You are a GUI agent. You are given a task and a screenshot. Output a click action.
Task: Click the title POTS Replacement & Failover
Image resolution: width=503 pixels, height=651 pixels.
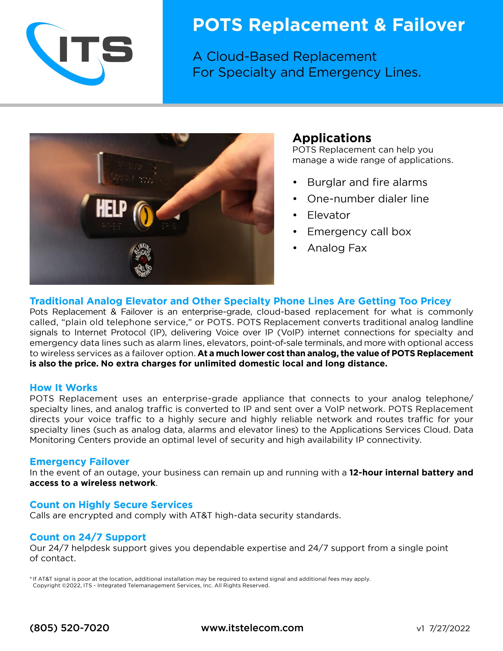pos(328,25)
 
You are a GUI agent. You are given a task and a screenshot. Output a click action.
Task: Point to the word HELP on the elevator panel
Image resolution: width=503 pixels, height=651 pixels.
pos(111,208)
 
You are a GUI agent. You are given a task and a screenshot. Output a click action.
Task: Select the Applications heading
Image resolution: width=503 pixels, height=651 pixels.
pos(332,138)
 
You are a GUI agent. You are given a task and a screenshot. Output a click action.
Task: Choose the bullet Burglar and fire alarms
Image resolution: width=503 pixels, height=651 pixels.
pos(367,182)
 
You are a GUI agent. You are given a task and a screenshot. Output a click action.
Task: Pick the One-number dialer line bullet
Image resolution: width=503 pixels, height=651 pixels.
pos(368,199)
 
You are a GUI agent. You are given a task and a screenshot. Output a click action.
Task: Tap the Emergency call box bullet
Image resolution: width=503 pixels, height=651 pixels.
pos(359,232)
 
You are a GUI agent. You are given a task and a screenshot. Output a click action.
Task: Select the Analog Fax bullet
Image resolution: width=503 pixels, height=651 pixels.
pos(337,248)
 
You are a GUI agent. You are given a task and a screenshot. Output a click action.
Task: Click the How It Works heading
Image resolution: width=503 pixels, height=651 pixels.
pos(64,388)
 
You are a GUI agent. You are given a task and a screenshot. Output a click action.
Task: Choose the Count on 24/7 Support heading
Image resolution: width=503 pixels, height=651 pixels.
pos(88,537)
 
